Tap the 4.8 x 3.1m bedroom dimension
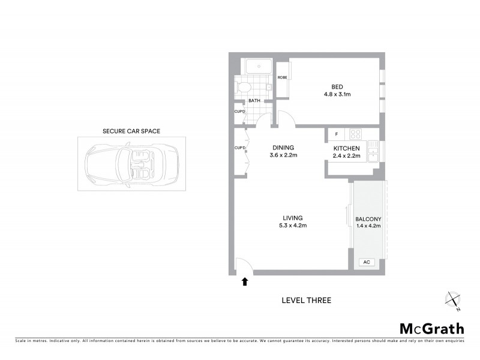coord(338,95)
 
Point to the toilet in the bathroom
coord(242,88)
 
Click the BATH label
coord(254,101)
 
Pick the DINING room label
coord(284,147)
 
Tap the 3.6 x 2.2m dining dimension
coord(284,155)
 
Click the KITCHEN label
coord(347,148)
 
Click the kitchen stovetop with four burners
coord(355,134)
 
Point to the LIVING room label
coord(293,218)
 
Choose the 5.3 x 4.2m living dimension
coord(293,226)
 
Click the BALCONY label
coord(368,219)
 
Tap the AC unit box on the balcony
coord(366,262)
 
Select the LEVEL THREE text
coord(306,301)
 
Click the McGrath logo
coord(431,328)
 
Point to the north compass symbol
coord(452,300)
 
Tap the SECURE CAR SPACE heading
coord(131,131)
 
